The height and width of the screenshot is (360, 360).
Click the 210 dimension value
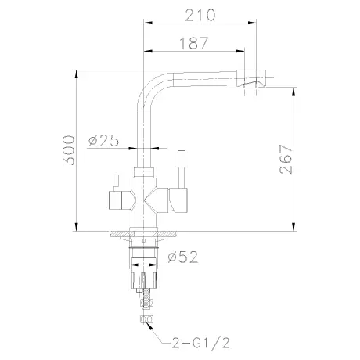[200, 15]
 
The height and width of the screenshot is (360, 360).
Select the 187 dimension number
[194, 43]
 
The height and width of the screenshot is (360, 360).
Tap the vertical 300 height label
[69, 150]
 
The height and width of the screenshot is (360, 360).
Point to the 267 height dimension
[286, 159]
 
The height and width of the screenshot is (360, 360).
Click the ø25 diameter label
[103, 141]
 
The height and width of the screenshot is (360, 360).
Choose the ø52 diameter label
[183, 257]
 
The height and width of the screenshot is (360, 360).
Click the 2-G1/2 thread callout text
[201, 343]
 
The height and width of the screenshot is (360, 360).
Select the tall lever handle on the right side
[182, 168]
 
